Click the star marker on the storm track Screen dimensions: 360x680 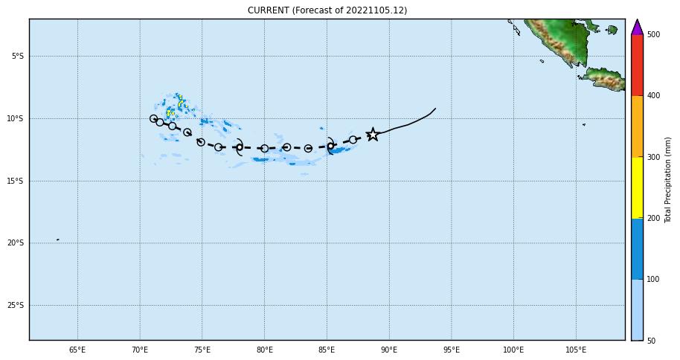tap(373, 135)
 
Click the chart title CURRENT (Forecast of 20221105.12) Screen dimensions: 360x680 tap(327, 10)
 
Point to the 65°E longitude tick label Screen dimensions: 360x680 tap(77, 350)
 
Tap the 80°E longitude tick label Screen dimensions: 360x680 tap(264, 350)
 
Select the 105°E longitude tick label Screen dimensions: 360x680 tap(575, 350)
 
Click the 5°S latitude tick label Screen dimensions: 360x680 tap(17, 56)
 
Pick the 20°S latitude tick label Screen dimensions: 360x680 tap(16, 242)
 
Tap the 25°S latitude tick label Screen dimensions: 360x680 tap(16, 305)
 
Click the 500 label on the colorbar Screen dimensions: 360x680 tap(653, 34)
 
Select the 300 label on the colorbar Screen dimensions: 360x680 tap(653, 157)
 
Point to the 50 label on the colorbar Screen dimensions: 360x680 tap(652, 341)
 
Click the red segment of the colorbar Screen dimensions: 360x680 tap(637, 65)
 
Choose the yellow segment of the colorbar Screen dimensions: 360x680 tap(637, 187)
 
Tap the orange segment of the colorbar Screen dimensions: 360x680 tap(637, 126)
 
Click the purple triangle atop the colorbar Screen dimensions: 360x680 tap(637, 28)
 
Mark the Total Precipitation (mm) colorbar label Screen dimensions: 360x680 tap(668, 179)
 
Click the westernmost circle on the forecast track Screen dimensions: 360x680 tap(154, 119)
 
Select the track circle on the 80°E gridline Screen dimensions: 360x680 tap(264, 149)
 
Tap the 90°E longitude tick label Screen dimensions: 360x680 tap(388, 350)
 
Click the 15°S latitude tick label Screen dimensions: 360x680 tap(16, 181)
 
